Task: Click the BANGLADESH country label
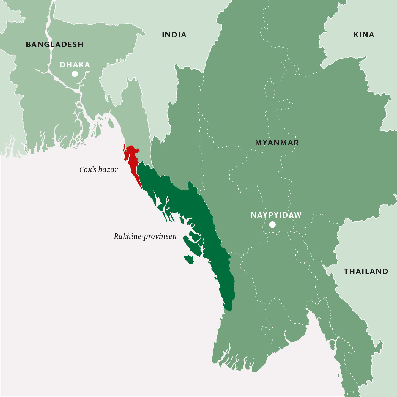[x=54, y=44]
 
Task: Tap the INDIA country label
[x=174, y=35]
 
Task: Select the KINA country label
[x=364, y=35]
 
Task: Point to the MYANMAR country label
[x=277, y=143]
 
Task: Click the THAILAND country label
[x=366, y=272]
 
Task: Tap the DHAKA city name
[x=75, y=65]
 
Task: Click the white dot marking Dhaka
[x=75, y=74]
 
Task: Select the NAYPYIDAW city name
[x=276, y=215]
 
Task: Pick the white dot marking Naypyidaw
[x=272, y=225]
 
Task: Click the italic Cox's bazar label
[x=98, y=169]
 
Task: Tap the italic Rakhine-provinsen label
[x=145, y=236]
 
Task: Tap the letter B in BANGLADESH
[x=28, y=44]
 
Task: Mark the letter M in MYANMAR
[x=258, y=143]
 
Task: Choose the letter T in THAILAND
[x=346, y=272]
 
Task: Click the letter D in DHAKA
[x=62, y=65]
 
